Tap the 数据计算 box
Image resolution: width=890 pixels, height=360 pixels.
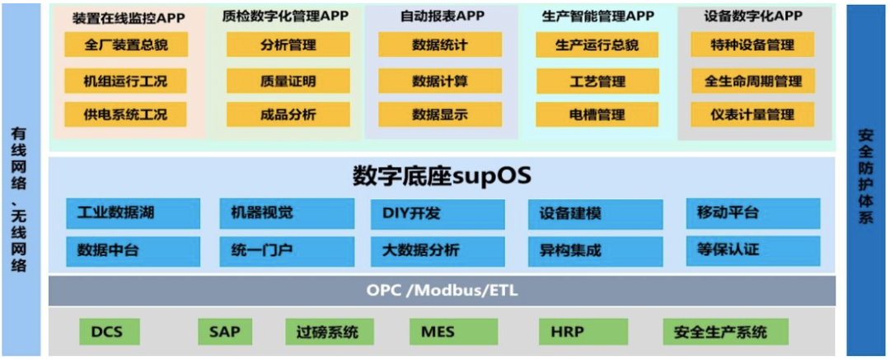point(439,81)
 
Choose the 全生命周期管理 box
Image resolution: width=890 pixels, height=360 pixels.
point(752,81)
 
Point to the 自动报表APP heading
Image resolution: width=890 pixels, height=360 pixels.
point(442,16)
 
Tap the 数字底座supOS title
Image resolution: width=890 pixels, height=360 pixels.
point(442,175)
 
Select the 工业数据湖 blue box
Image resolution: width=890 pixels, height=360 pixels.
point(133,213)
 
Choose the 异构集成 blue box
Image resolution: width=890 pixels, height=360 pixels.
point(595,250)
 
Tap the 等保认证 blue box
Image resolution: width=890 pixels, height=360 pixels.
point(752,250)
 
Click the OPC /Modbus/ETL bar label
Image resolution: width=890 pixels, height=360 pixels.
point(442,290)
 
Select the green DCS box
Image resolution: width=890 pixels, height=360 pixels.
point(110,332)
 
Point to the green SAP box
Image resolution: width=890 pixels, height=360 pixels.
point(225,332)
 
